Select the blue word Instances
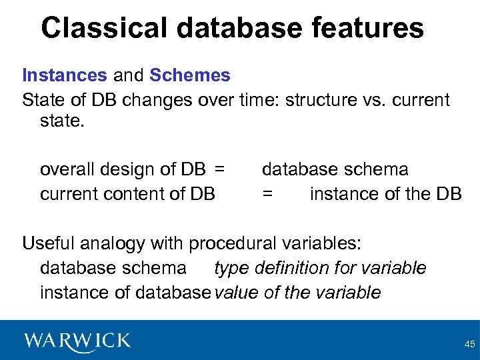[64, 75]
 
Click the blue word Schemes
[190, 75]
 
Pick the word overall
[67, 170]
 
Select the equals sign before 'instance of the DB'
[267, 194]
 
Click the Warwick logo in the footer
[77, 341]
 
